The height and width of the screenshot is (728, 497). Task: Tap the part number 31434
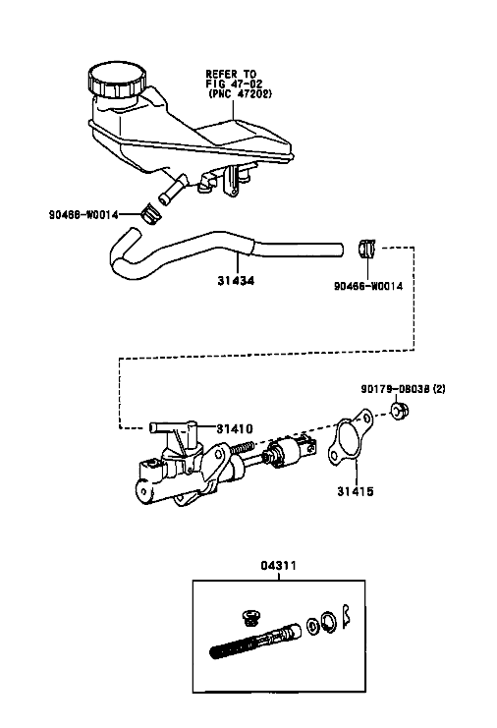point(236,281)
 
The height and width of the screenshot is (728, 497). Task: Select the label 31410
point(235,428)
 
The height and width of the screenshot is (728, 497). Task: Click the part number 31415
point(356,491)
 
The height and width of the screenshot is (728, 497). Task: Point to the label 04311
point(278,566)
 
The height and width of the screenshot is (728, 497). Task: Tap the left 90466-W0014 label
point(83,214)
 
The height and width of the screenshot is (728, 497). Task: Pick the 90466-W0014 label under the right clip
point(368,286)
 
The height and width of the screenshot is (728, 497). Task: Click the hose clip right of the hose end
point(367,248)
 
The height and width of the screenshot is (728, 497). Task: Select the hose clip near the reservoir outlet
point(149,213)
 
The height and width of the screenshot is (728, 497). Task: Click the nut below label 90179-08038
point(398,412)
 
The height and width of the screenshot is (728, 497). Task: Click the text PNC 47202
point(240,93)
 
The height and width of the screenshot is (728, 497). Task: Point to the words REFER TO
point(231,74)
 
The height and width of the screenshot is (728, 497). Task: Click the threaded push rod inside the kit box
point(255,641)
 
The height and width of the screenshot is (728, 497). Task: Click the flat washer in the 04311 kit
point(312,626)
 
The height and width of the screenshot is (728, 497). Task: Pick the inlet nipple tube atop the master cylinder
point(173,426)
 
